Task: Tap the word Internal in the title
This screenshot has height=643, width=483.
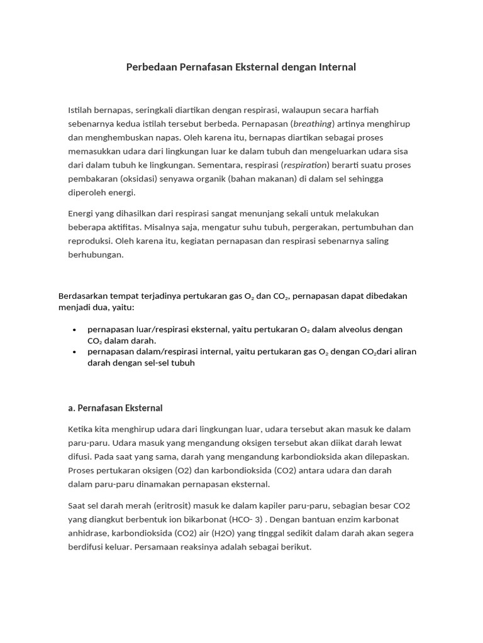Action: (333, 67)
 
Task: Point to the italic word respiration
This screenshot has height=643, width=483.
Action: (306, 165)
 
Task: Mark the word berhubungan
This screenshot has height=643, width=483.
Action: (96, 255)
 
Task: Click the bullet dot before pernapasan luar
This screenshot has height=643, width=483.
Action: (75, 330)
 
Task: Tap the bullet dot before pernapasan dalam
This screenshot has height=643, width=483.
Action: (75, 352)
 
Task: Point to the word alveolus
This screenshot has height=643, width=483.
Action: (357, 330)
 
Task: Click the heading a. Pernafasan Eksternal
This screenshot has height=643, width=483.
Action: (115, 408)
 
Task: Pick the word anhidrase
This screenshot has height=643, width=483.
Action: (88, 533)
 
